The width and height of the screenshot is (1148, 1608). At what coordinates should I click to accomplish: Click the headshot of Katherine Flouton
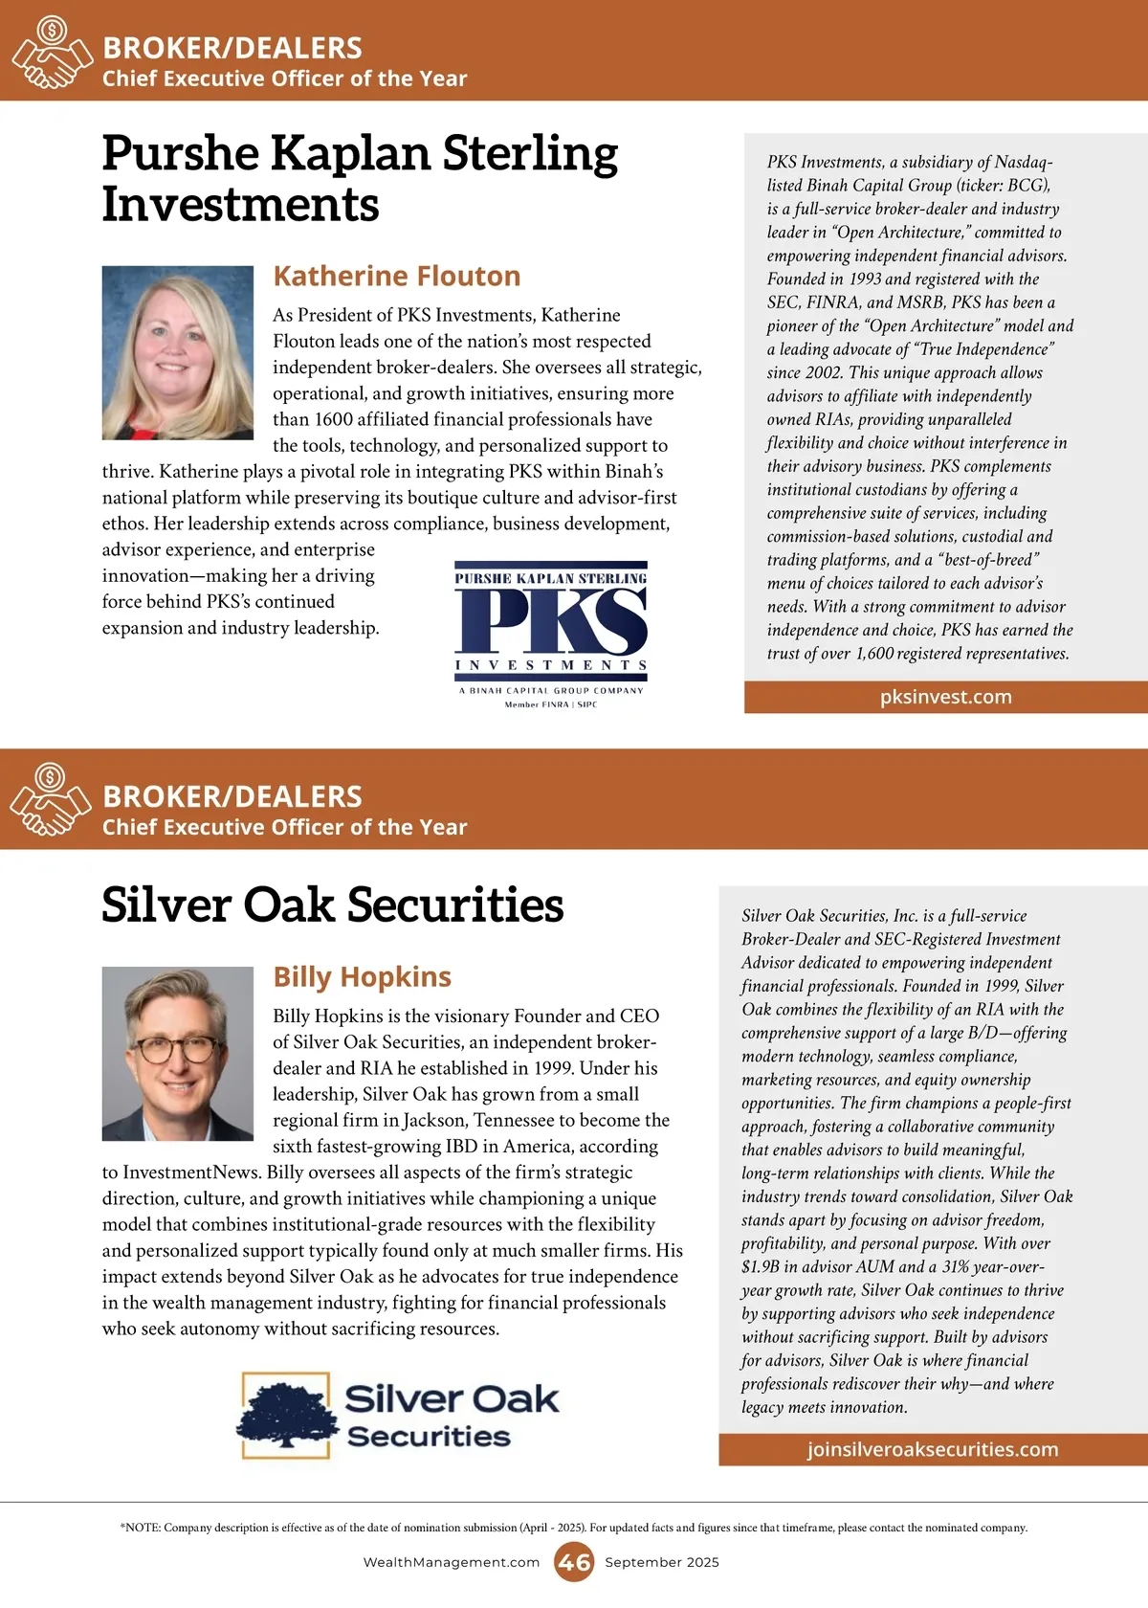[178, 352]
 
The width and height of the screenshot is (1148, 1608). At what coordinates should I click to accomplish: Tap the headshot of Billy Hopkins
[178, 1053]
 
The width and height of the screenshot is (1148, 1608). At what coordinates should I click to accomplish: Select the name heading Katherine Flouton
[396, 277]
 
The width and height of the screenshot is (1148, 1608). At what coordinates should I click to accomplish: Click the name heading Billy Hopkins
[362, 977]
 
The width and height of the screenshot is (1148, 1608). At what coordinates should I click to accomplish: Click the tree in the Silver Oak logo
[287, 1415]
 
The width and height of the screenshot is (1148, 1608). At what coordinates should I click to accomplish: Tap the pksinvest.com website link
[945, 697]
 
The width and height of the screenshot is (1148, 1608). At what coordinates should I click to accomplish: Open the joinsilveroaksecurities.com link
[932, 1449]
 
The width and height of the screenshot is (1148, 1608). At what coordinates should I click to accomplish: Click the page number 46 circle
[574, 1562]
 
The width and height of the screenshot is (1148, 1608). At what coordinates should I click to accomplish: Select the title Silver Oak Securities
[332, 905]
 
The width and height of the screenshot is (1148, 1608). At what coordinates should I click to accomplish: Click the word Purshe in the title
[180, 154]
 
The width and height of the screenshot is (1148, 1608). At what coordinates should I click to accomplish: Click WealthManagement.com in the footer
[452, 1562]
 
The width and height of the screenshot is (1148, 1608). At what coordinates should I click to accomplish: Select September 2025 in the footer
[661, 1562]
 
